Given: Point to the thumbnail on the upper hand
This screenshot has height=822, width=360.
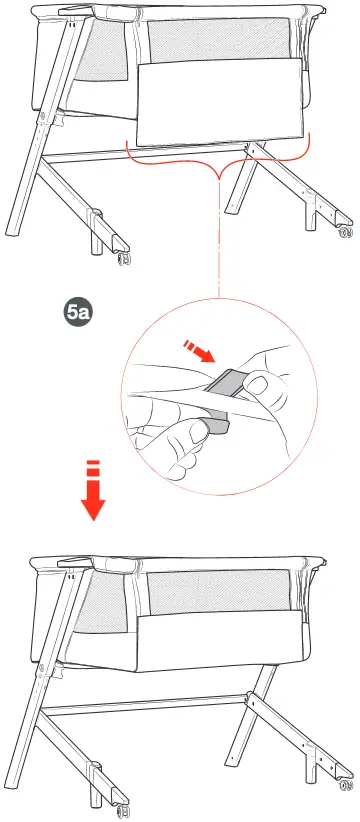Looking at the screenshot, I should (x=260, y=385).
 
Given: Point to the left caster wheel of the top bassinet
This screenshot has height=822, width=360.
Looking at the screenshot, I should (x=122, y=259).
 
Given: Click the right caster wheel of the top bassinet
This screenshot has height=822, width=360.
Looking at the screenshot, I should (x=345, y=233).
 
